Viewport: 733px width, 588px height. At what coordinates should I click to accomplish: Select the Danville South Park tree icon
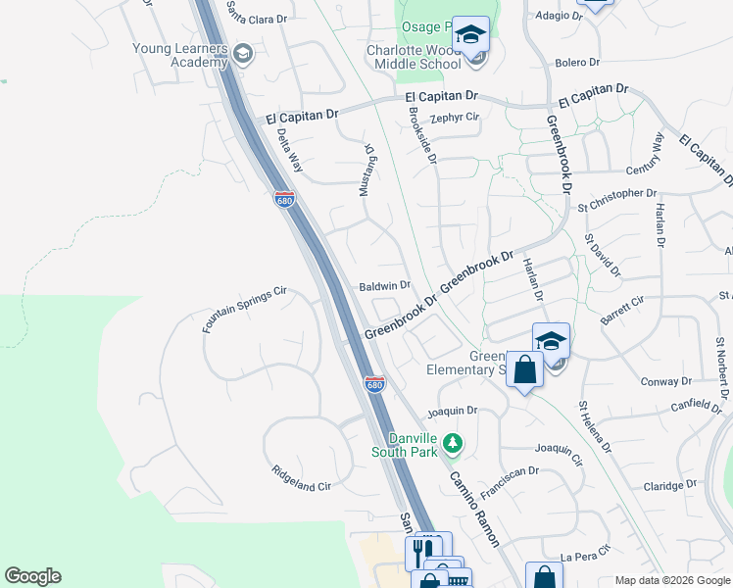click(x=452, y=444)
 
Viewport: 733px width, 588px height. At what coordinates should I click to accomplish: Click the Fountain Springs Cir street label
click(x=244, y=309)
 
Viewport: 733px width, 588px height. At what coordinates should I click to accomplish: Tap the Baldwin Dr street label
click(x=384, y=285)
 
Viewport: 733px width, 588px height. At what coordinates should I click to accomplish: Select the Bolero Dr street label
click(x=576, y=62)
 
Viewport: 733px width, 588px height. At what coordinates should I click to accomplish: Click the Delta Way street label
click(x=289, y=152)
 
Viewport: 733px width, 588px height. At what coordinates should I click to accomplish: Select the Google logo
click(x=32, y=576)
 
